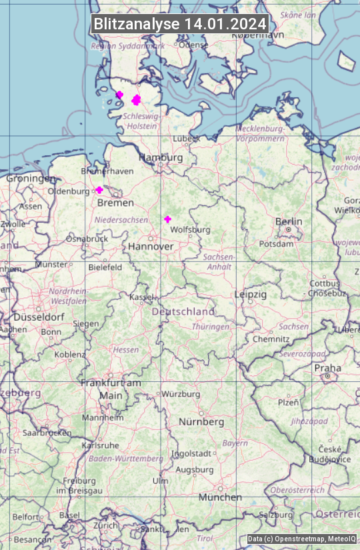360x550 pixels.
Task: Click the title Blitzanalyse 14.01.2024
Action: click(180, 23)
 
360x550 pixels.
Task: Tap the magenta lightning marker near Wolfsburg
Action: click(167, 219)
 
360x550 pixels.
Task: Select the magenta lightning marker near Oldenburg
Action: click(99, 190)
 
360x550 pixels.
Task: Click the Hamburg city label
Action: click(161, 157)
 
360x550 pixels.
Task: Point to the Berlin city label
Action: click(289, 221)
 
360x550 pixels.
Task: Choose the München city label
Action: click(220, 497)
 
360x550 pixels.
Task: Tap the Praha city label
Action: click(327, 368)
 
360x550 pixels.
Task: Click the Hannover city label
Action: click(151, 247)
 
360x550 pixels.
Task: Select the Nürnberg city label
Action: click(201, 422)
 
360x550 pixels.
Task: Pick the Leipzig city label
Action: click(251, 294)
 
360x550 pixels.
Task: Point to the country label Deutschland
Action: click(183, 311)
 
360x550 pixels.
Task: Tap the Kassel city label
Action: click(142, 297)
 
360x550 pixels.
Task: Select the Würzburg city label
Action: click(181, 394)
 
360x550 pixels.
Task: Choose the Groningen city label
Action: click(31, 179)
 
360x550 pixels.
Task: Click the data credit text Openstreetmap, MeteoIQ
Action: click(302, 539)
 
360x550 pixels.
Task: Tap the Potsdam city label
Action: click(276, 244)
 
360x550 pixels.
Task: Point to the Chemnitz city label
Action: click(271, 339)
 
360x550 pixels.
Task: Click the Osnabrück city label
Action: click(87, 239)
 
